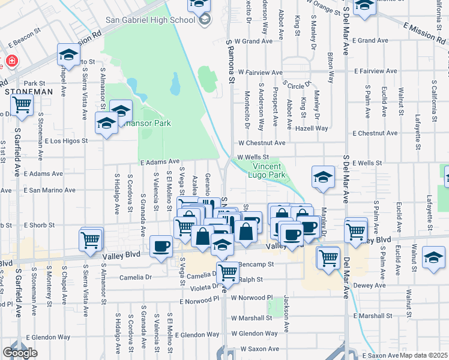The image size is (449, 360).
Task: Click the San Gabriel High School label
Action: point(151,19)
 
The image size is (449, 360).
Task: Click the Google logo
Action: point(20,353)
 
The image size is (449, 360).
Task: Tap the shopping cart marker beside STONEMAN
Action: point(22,105)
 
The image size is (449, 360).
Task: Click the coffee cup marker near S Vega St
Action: point(161,246)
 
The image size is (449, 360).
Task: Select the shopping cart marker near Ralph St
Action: point(228,272)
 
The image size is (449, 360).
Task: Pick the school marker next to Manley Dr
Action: point(322,176)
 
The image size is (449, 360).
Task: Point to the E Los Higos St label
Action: point(67,141)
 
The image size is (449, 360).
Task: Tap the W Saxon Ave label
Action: point(260,349)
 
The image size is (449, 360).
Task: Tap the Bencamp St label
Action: point(256,263)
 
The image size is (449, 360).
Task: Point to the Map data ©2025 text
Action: point(424,355)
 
